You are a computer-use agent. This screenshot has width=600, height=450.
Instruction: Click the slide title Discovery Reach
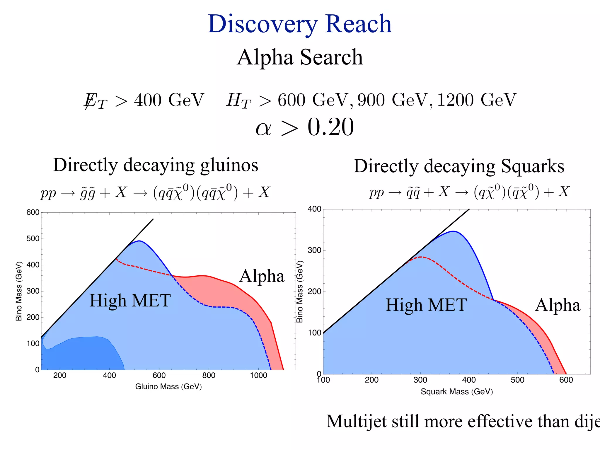pos(300,24)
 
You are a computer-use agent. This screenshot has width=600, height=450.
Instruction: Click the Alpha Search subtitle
pos(300,57)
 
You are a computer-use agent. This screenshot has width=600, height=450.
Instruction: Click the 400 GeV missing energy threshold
pos(169,100)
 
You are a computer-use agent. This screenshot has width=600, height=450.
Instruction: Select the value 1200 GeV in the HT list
pos(476,100)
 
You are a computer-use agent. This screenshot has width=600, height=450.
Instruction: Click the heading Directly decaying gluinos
pos(156,165)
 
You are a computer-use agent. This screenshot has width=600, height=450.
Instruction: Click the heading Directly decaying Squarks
pos(459,166)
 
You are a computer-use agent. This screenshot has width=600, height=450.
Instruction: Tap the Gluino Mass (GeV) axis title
pos(168,387)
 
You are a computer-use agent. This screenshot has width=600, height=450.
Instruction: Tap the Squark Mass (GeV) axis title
pos(457,392)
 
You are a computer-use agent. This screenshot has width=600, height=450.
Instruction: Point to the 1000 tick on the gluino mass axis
pos(258,376)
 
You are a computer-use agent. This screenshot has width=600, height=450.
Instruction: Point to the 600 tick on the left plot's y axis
pos(33,212)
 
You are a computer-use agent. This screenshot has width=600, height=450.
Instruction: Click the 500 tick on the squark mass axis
pos(517,380)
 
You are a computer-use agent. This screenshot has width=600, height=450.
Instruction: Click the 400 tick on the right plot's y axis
pos(314,209)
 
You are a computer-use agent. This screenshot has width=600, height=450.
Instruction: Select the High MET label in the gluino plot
pos(130,301)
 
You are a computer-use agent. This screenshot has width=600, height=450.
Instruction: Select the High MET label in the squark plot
pos(426,305)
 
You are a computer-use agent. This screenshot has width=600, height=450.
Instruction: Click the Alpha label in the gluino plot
pos(262,276)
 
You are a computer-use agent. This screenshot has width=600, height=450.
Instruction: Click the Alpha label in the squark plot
pos(558,305)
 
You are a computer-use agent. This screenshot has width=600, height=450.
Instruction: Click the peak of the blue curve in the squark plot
pos(453,231)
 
